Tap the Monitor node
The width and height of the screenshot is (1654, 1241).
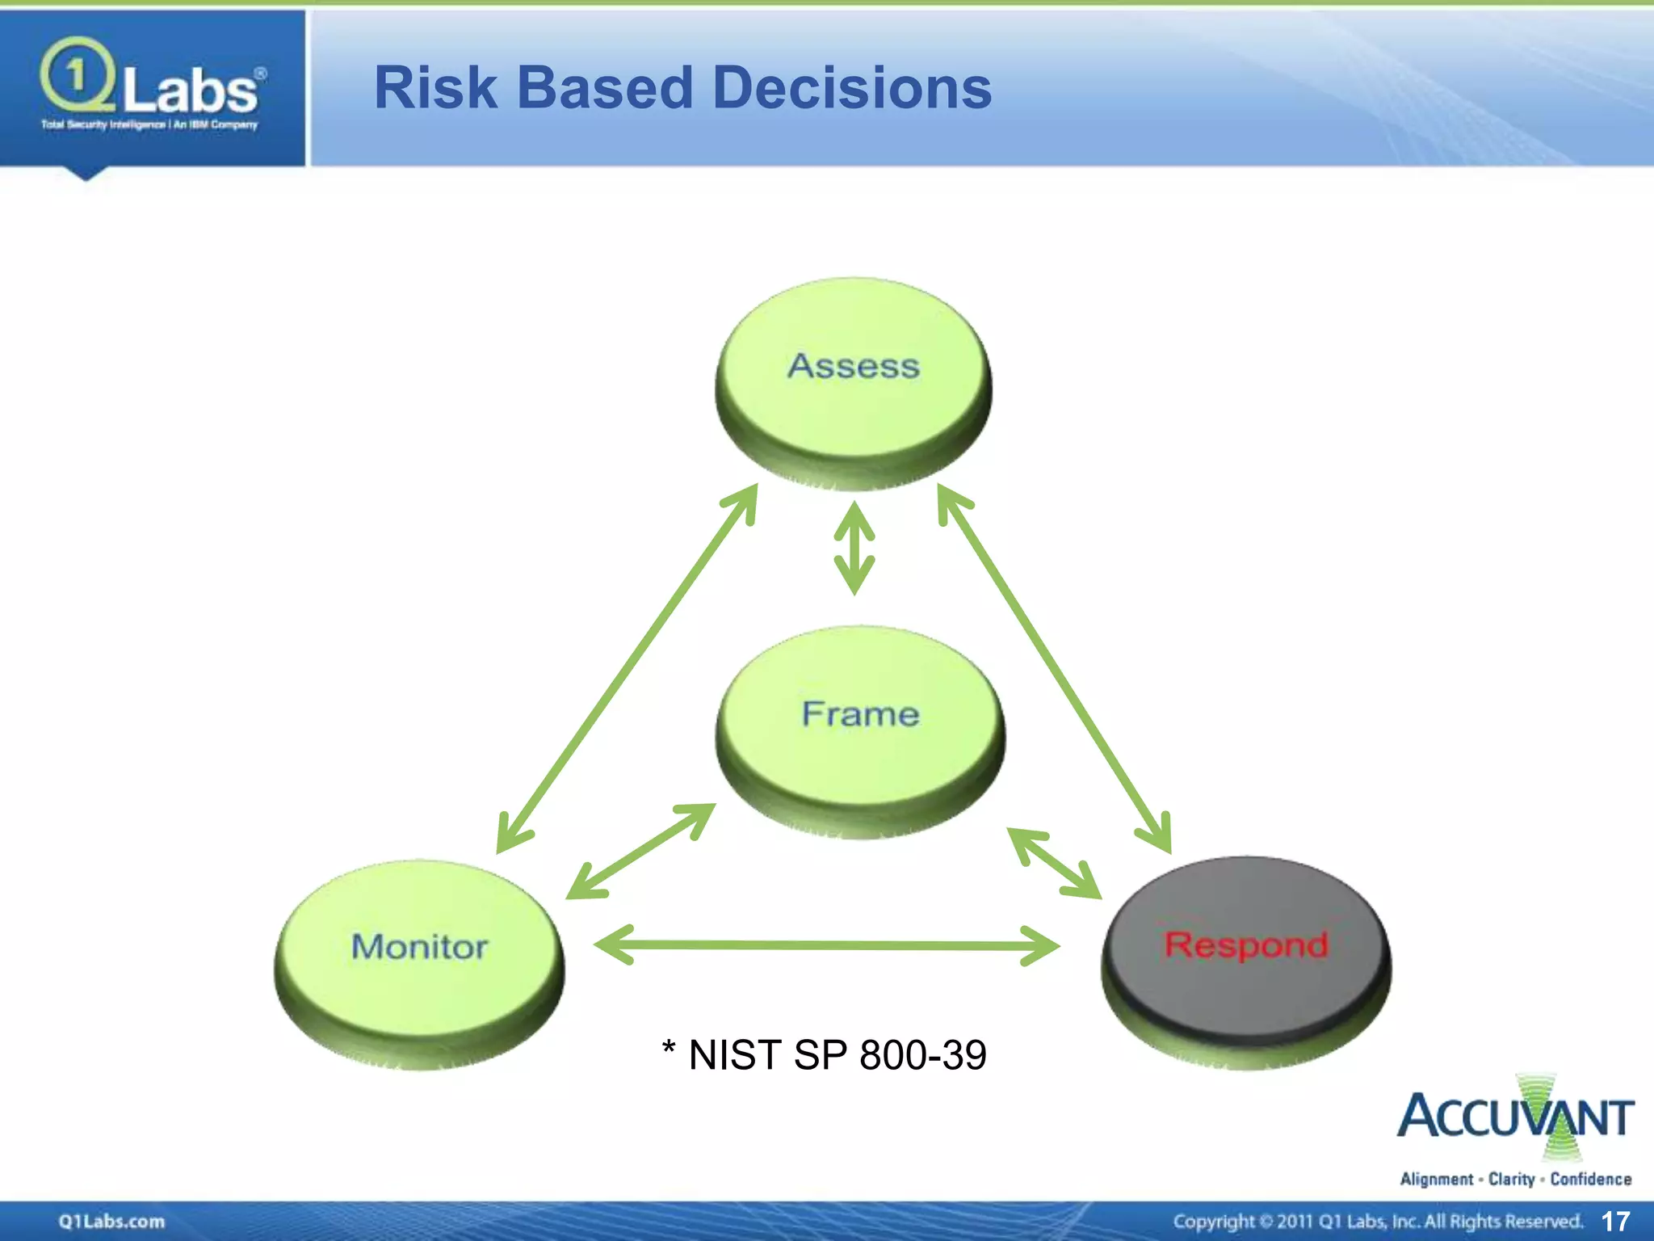pos(419,961)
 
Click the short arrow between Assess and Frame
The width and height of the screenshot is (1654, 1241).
pos(854,549)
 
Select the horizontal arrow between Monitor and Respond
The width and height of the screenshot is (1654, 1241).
pos(826,944)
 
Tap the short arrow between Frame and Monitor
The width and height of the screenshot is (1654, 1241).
pos(640,851)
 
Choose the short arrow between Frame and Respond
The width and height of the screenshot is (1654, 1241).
pos(1055,863)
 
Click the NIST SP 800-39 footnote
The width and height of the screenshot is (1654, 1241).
pos(825,1055)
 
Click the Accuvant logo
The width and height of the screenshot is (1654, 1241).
pos(1515,1118)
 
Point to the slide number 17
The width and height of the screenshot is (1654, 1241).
pos(1615,1221)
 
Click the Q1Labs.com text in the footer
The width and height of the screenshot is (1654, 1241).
pos(111,1222)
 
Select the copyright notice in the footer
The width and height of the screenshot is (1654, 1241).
pos(1377,1222)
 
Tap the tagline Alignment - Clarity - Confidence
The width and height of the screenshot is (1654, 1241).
pos(1515,1180)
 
